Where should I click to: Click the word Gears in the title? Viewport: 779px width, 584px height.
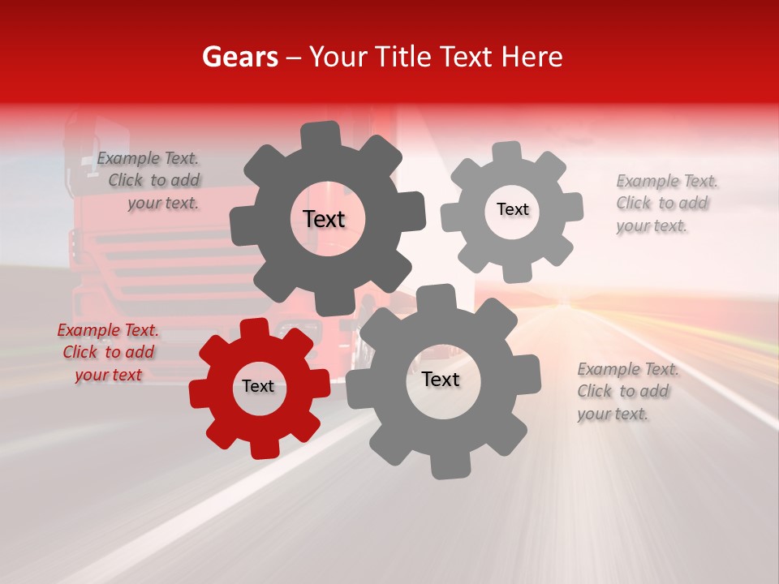pyautogui.click(x=239, y=57)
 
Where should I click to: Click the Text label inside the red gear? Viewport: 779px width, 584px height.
pyautogui.click(x=258, y=387)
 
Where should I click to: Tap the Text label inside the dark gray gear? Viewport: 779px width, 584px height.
pyautogui.click(x=324, y=219)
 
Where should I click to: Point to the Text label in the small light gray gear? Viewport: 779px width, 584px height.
pyautogui.click(x=512, y=209)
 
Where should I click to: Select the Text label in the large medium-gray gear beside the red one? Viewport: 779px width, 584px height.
pyautogui.click(x=441, y=380)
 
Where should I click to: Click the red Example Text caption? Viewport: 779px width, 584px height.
pyautogui.click(x=108, y=352)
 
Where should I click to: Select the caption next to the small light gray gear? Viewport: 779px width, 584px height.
pyautogui.click(x=665, y=203)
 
